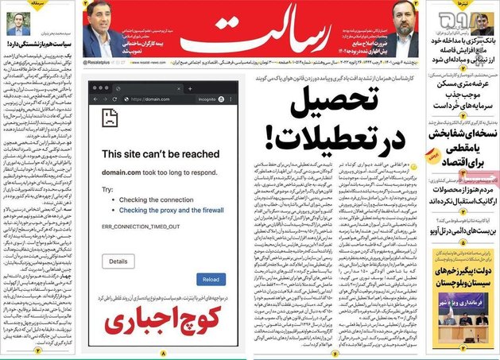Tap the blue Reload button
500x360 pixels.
coord(210,279)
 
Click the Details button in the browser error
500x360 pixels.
coord(118,261)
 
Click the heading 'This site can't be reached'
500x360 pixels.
coord(161,153)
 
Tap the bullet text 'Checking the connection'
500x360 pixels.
coord(150,199)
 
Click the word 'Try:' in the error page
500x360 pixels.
coord(107,189)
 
